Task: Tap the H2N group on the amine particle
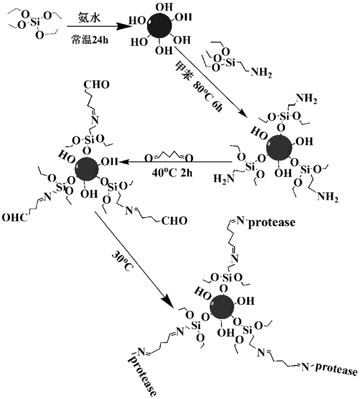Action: click(x=225, y=180)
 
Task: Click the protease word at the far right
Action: click(x=336, y=370)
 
